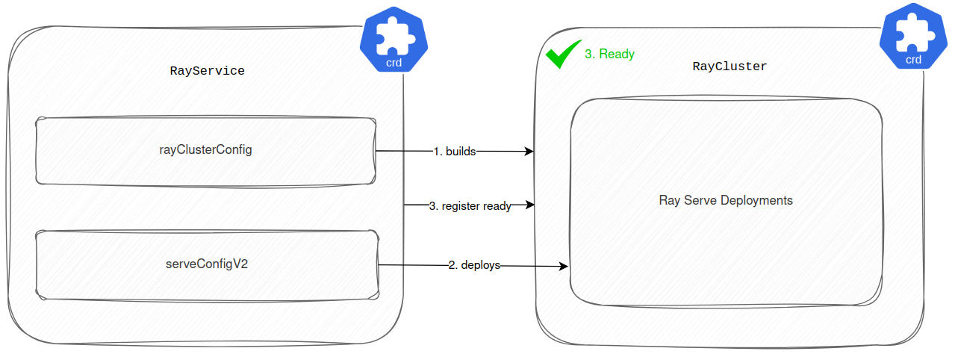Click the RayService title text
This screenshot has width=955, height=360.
pyautogui.click(x=208, y=71)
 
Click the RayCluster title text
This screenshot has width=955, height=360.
pyautogui.click(x=730, y=66)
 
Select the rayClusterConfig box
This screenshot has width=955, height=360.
pyautogui.click(x=205, y=150)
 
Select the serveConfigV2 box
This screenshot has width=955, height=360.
pyautogui.click(x=206, y=264)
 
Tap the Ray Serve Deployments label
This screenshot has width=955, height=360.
pyautogui.click(x=725, y=200)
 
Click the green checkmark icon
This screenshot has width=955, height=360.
pyautogui.click(x=562, y=55)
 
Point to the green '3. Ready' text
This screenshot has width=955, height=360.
pyautogui.click(x=609, y=54)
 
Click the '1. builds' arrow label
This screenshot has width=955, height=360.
pyautogui.click(x=454, y=151)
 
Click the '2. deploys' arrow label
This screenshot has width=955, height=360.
pyautogui.click(x=474, y=265)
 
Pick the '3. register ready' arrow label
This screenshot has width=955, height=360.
pyautogui.click(x=470, y=206)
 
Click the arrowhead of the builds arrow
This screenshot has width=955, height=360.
pyautogui.click(x=529, y=152)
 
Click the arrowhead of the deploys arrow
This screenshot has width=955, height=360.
pyautogui.click(x=564, y=266)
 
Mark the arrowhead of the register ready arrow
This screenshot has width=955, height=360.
pyautogui.click(x=529, y=204)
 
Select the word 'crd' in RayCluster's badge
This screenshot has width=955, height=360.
pyautogui.click(x=913, y=60)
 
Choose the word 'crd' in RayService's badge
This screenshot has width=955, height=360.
pyautogui.click(x=393, y=63)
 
